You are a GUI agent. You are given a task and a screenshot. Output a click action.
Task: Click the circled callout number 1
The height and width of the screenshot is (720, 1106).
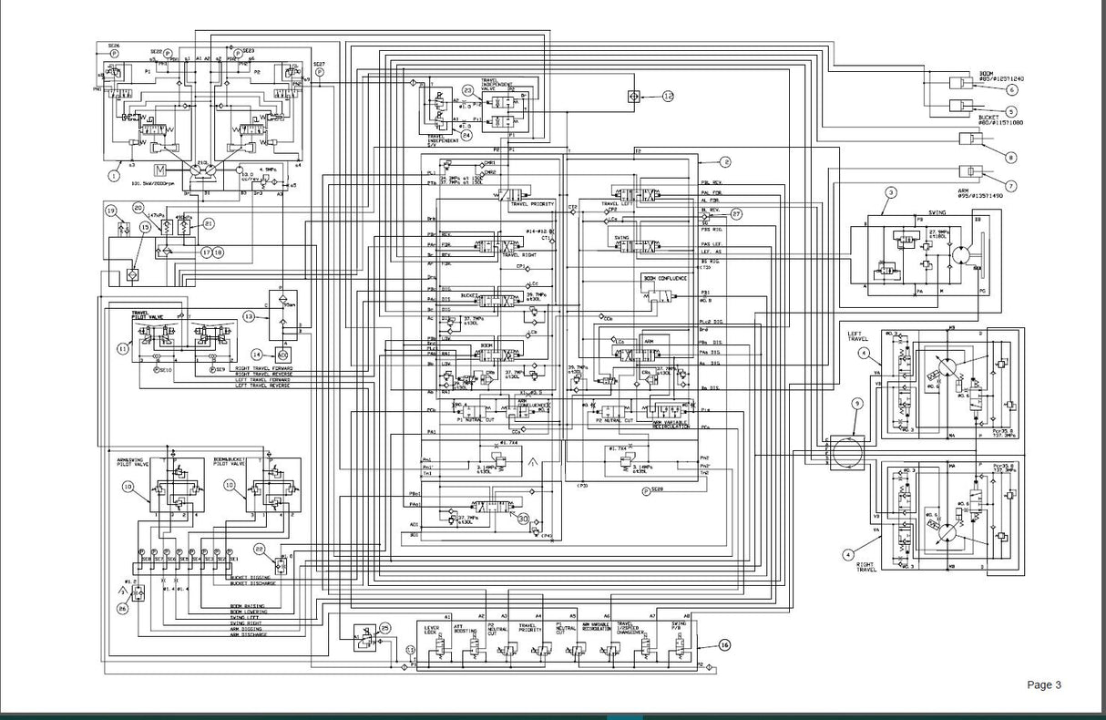click(114, 173)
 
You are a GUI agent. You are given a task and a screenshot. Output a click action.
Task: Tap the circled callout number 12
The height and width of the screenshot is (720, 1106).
click(668, 96)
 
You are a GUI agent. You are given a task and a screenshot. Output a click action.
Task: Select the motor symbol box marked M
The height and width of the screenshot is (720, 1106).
click(160, 170)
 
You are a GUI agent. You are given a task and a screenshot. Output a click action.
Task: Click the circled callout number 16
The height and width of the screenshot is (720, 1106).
click(724, 644)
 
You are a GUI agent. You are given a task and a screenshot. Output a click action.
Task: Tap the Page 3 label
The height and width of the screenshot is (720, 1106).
click(1044, 685)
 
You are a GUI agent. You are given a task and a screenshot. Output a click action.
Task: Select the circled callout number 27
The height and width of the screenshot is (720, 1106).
click(735, 213)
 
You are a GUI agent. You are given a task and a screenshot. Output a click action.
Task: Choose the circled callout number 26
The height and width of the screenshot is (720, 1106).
click(123, 608)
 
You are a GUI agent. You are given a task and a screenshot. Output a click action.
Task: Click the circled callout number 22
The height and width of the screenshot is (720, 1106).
click(260, 549)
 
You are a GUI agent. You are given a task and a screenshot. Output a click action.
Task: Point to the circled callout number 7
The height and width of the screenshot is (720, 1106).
click(1010, 185)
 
